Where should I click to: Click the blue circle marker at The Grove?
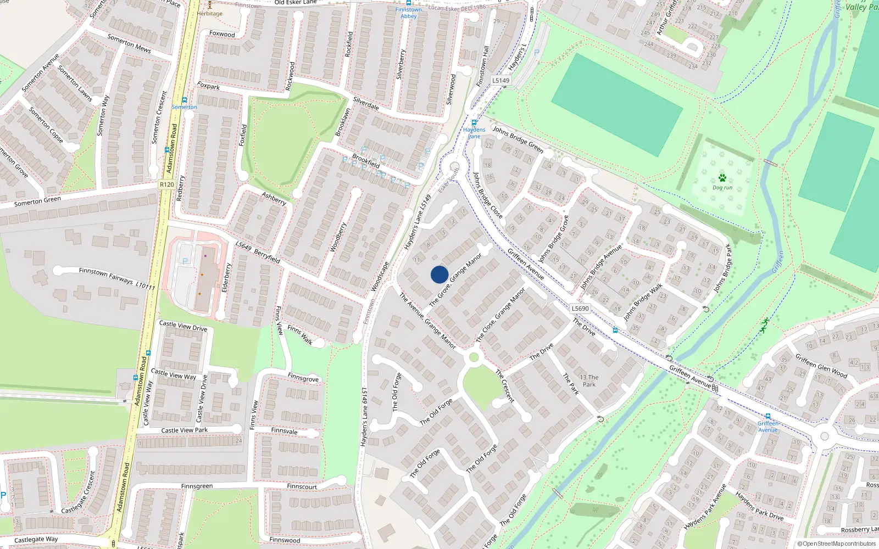pyautogui.click(x=439, y=274)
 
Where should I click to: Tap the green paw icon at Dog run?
pyautogui.click(x=722, y=178)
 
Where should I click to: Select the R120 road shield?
pyautogui.click(x=166, y=184)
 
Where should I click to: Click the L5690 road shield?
pyautogui.click(x=580, y=309)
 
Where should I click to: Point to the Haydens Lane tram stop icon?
pyautogui.click(x=474, y=122)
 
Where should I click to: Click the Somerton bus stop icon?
pyautogui.click(x=185, y=100)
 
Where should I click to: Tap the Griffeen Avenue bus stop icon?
pyautogui.click(x=767, y=417)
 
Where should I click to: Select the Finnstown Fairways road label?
pyautogui.click(x=105, y=276)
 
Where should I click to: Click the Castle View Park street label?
pyautogui.click(x=185, y=430)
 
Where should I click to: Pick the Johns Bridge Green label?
pyautogui.click(x=518, y=139)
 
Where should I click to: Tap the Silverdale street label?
pyautogui.click(x=366, y=103)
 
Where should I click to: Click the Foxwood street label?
pyautogui.click(x=222, y=34)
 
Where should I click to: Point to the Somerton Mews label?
pyautogui.click(x=129, y=43)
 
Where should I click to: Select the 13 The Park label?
pyautogui.click(x=589, y=380)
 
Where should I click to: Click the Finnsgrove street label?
pyautogui.click(x=303, y=378)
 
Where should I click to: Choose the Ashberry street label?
pyautogui.click(x=274, y=198)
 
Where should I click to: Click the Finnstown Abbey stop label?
pyautogui.click(x=409, y=13)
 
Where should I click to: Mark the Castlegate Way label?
pyautogui.click(x=36, y=540)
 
